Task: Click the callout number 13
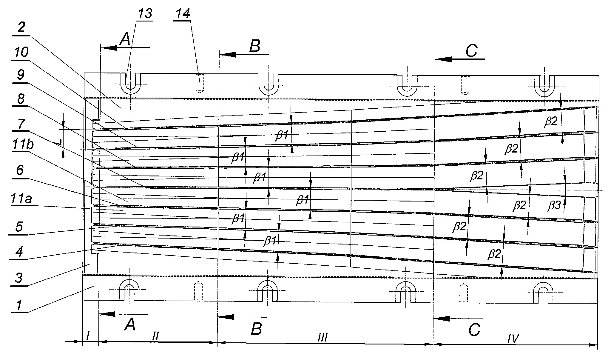(x=145, y=14)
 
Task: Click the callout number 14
(x=183, y=14)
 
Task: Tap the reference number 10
(x=21, y=53)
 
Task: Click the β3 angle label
(x=555, y=205)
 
